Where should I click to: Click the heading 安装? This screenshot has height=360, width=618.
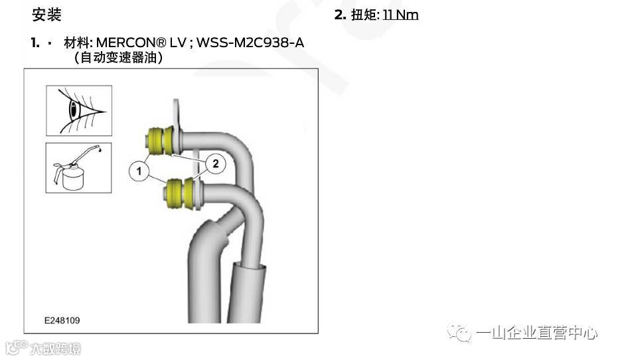(46, 15)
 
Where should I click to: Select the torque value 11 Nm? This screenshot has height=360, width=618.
(400, 15)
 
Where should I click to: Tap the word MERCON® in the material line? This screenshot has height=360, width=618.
(131, 43)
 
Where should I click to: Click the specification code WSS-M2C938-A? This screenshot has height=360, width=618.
(250, 43)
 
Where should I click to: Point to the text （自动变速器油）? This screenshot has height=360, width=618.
(119, 58)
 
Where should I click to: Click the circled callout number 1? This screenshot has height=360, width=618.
(139, 171)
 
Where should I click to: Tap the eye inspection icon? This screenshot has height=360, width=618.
(78, 110)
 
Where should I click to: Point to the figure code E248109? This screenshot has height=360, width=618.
(62, 321)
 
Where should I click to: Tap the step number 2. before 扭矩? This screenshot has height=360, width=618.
(340, 15)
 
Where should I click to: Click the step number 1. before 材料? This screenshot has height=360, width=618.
(35, 43)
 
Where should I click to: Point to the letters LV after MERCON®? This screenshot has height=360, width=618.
(177, 43)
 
